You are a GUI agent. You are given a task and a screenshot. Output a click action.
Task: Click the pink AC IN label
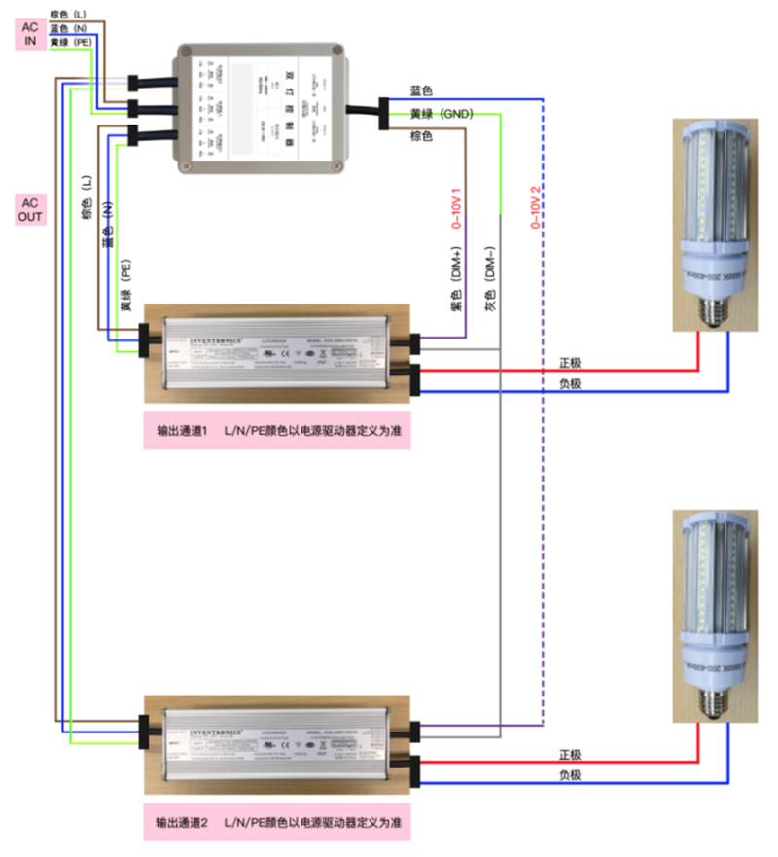tap(30, 36)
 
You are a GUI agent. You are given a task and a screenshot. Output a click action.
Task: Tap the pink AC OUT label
tap(30, 209)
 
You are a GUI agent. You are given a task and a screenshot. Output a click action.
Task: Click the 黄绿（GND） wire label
tap(441, 114)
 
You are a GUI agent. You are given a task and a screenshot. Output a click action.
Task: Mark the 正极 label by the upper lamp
tap(570, 363)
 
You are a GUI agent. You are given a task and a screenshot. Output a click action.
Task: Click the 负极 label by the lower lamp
tap(570, 775)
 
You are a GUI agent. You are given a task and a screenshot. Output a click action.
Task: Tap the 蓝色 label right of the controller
tap(421, 90)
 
